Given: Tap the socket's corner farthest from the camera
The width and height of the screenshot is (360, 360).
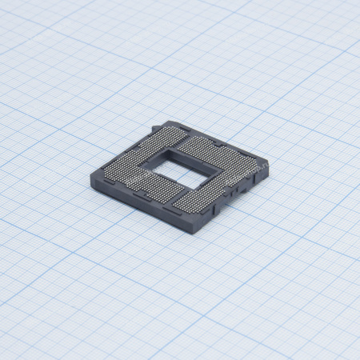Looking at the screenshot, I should [171, 121].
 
